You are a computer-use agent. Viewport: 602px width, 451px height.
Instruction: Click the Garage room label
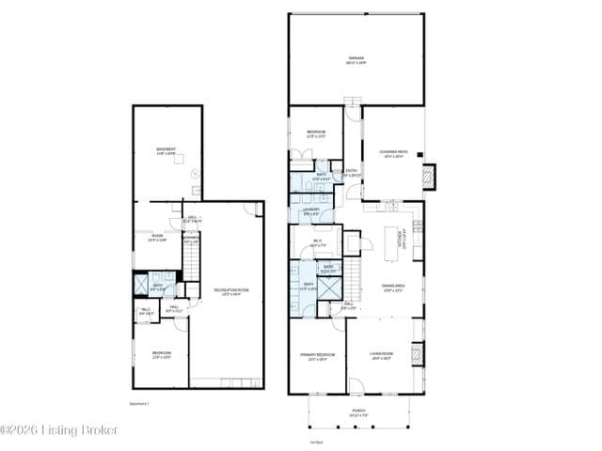click(356, 59)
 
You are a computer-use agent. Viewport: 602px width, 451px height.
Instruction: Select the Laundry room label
click(312, 211)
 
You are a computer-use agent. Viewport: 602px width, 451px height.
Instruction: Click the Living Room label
click(382, 355)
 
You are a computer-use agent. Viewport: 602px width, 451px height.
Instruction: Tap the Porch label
click(359, 412)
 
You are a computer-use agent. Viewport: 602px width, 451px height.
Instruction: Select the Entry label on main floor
click(351, 172)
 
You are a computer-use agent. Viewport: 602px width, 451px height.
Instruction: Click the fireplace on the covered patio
click(430, 176)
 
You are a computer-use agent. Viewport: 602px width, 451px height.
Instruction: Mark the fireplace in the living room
click(420, 353)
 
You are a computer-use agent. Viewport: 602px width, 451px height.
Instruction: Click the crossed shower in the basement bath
click(142, 284)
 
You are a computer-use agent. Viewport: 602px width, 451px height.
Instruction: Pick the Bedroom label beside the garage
click(315, 133)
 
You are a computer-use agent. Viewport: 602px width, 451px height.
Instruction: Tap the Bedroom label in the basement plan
click(162, 355)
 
